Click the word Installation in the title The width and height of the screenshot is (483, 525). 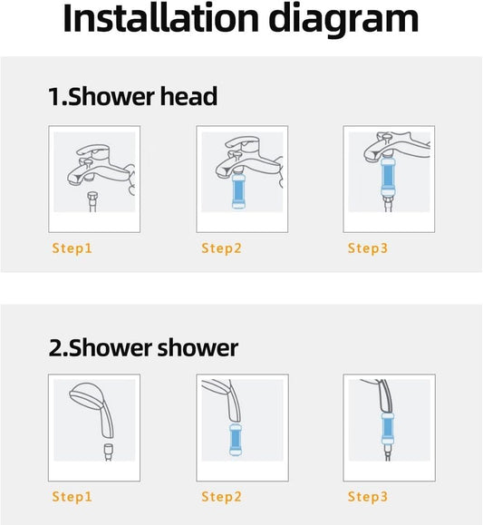(x=160, y=18)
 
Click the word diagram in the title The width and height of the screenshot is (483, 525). (x=343, y=21)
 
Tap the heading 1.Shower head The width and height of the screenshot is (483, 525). (x=132, y=96)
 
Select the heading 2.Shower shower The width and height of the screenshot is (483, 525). (x=143, y=347)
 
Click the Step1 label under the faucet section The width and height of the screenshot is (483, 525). (x=72, y=248)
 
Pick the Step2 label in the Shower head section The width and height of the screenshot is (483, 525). (x=221, y=248)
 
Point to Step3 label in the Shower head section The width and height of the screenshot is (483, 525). (x=368, y=248)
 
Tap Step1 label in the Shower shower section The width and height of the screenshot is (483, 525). (x=72, y=497)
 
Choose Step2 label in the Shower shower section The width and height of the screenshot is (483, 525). (x=221, y=497)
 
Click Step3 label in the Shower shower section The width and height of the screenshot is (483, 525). (x=368, y=497)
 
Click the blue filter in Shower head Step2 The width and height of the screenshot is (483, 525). (x=238, y=190)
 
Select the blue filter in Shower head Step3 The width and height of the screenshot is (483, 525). (x=388, y=177)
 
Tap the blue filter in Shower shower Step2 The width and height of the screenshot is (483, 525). (x=236, y=440)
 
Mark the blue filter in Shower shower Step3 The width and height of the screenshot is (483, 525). (x=387, y=428)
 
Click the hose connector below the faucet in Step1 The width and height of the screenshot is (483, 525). (x=92, y=201)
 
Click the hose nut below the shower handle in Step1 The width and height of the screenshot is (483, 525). (x=108, y=452)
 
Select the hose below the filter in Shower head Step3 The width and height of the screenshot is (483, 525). (x=388, y=204)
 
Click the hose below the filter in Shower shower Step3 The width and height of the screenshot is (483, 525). (x=387, y=452)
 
